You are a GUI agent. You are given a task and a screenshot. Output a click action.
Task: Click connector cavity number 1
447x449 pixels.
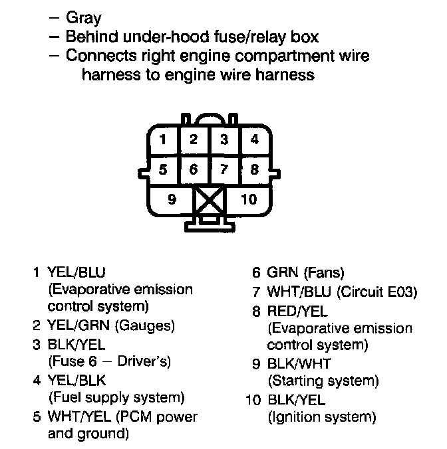click(163, 140)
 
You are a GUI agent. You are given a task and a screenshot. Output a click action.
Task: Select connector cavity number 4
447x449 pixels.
click(255, 140)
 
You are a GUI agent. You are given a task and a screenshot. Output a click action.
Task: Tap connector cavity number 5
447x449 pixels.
click(163, 169)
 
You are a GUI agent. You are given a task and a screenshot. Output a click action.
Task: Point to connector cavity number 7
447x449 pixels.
click(225, 169)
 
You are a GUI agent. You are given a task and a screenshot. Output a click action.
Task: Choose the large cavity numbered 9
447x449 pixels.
click(172, 199)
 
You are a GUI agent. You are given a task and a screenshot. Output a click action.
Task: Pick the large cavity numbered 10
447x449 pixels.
click(247, 199)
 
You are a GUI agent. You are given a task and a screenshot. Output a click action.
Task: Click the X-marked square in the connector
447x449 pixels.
click(209, 200)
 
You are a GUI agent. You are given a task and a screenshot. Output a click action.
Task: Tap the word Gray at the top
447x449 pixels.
click(83, 19)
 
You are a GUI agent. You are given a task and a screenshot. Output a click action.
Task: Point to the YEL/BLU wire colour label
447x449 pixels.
click(76, 272)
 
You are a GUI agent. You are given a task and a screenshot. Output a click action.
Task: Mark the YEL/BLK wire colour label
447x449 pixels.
click(76, 380)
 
